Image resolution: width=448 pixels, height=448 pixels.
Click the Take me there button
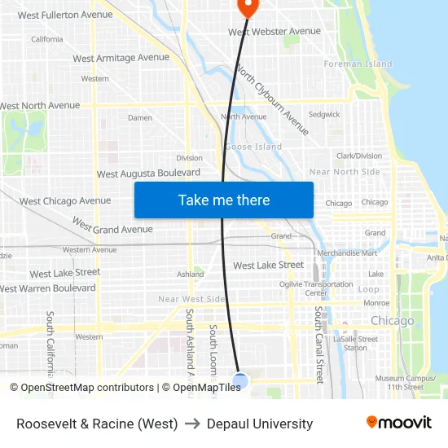pyautogui.click(x=224, y=200)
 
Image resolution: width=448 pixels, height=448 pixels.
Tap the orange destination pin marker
pyautogui.click(x=247, y=7)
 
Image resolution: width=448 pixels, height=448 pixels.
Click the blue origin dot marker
pyautogui.click(x=240, y=380)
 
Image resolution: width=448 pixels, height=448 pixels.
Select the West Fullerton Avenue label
pyautogui.click(x=65, y=15)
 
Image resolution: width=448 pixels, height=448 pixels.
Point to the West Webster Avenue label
pyautogui.click(x=275, y=32)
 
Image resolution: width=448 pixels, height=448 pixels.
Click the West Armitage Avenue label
pyautogui.click(x=121, y=58)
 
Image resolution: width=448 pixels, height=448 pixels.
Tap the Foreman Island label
pyautogui.click(x=358, y=64)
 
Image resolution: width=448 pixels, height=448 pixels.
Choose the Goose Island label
pyautogui.click(x=253, y=147)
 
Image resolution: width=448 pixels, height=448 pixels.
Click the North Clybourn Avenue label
pyautogui.click(x=272, y=99)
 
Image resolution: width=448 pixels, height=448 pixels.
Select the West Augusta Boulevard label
pyautogui.click(x=148, y=173)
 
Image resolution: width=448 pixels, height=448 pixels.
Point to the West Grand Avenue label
pyautogui.click(x=112, y=225)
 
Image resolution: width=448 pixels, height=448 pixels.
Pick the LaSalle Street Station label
pyautogui.click(x=356, y=343)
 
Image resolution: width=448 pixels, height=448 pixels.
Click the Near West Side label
pyautogui.click(x=191, y=299)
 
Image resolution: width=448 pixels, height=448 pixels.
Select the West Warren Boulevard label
pyautogui.click(x=48, y=288)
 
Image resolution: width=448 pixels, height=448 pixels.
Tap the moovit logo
pyautogui.click(x=398, y=423)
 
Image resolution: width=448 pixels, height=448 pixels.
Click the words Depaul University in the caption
pyautogui.click(x=260, y=424)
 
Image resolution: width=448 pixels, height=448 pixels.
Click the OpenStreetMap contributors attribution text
pyautogui.click(x=87, y=388)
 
